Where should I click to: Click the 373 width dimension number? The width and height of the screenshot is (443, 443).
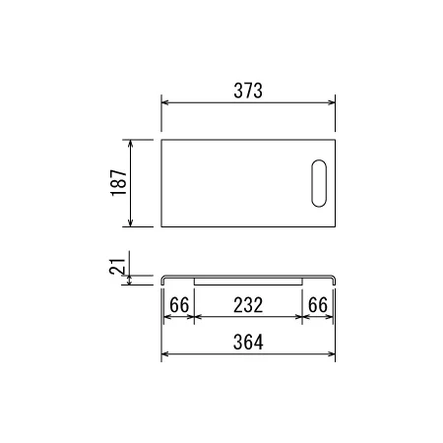tap(248, 91)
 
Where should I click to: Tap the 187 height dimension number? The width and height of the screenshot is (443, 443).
tap(118, 183)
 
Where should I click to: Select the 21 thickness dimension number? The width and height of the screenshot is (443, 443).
tap(117, 267)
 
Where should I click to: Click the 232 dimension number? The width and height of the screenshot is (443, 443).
tap(248, 305)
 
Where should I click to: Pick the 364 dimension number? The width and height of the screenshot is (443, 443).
tap(248, 342)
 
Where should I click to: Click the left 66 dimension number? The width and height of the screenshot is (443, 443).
tap(179, 305)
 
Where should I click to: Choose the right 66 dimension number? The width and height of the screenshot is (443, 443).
tap(318, 305)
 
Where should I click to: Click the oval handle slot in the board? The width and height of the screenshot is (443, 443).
tap(319, 183)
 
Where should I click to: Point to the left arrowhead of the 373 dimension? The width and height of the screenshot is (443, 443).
tap(165, 102)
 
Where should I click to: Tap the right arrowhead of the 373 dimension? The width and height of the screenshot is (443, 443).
tap(332, 102)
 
